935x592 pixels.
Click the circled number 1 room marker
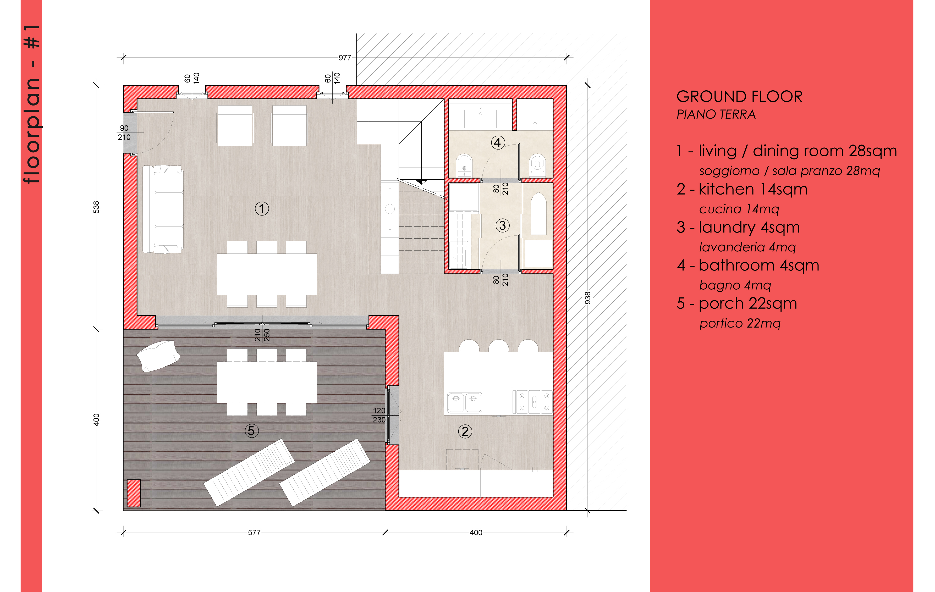[x=262, y=208]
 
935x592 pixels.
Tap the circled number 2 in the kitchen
[x=465, y=431]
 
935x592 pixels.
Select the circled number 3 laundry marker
[x=502, y=225]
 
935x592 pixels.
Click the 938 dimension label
[x=587, y=298]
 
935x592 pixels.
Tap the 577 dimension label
[x=254, y=533]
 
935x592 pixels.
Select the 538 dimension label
[x=96, y=207]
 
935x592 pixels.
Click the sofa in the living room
[x=163, y=209]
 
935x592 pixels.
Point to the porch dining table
[x=267, y=382]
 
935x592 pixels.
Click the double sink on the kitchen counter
[x=465, y=402]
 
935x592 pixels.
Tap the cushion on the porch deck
[x=158, y=356]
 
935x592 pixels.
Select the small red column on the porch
[x=134, y=493]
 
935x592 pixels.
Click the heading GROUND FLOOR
[x=739, y=96]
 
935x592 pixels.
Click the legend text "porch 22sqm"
[x=748, y=303]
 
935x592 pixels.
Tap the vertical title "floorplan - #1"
[x=32, y=104]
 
